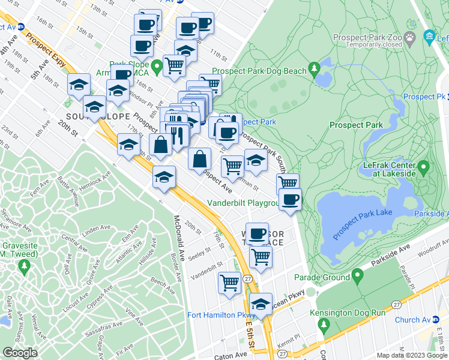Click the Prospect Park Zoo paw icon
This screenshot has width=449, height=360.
pyautogui.click(x=410, y=37)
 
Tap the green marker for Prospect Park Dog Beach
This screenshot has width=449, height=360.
pyautogui.click(x=314, y=70)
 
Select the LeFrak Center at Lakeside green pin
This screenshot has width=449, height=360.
pyautogui.click(x=424, y=166)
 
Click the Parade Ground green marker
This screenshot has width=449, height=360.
pyautogui.click(x=358, y=277)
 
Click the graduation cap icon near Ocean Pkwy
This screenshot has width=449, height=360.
pyautogui.click(x=261, y=304)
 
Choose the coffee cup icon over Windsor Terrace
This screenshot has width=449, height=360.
pyautogui.click(x=257, y=233)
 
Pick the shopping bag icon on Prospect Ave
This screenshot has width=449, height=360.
pyautogui.click(x=199, y=159)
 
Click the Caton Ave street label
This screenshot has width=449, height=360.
pyautogui.click(x=231, y=356)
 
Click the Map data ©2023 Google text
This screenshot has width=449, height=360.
pyautogui.click(x=411, y=355)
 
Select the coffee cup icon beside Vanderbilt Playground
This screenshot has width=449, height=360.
pyautogui.click(x=290, y=200)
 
